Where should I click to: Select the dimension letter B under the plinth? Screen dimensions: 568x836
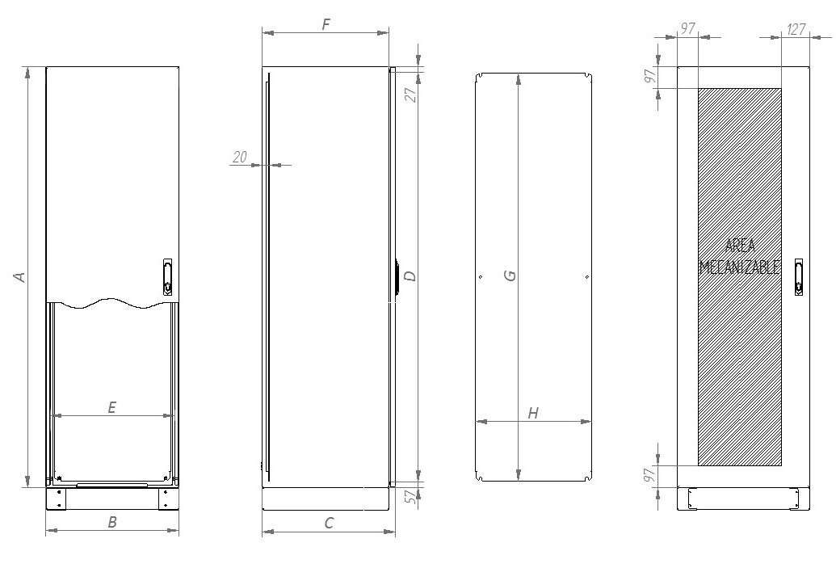point(112,522)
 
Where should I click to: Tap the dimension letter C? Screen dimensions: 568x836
point(329,523)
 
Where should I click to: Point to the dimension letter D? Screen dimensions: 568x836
point(410,276)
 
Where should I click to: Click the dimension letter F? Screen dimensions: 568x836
point(326,24)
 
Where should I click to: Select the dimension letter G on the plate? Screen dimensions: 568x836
point(510,276)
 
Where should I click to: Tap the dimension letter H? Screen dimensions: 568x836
point(533,414)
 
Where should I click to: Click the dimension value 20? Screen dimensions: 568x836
point(240,158)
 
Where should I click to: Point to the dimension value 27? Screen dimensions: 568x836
point(410,94)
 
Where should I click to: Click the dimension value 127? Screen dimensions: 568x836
point(796,29)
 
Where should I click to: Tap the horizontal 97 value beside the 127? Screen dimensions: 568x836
point(687,29)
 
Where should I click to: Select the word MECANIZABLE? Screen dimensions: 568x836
point(739,267)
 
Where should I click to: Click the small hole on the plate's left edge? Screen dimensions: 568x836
point(481,278)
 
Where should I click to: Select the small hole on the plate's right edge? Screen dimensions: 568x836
point(586,278)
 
